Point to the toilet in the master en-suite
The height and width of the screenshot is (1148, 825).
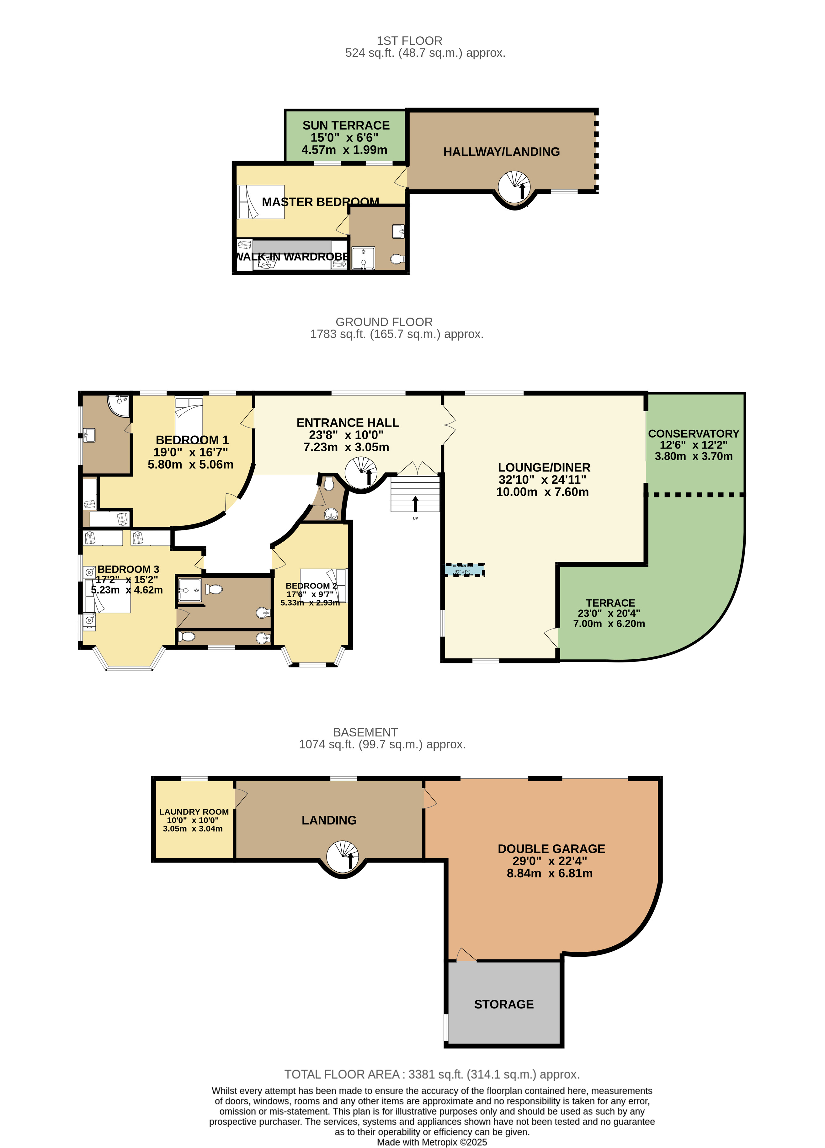(397, 259)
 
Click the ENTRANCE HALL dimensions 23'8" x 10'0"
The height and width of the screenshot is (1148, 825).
(346, 435)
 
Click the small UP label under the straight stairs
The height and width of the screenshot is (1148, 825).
(415, 518)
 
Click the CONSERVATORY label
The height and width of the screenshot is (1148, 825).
(693, 434)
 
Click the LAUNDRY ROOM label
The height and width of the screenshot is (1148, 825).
(194, 812)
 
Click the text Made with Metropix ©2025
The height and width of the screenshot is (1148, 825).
(432, 1142)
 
